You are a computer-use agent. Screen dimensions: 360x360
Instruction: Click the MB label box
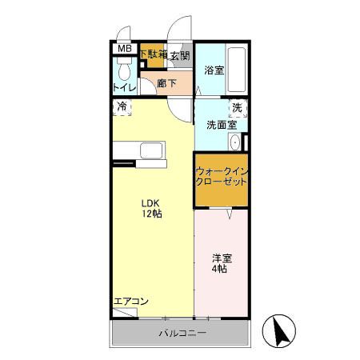click(x=124, y=49)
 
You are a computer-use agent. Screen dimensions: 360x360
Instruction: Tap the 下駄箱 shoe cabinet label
click(x=153, y=54)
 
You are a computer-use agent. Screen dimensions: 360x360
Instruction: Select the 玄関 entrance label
click(x=181, y=55)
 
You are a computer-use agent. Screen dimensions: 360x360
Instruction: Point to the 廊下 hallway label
click(x=166, y=82)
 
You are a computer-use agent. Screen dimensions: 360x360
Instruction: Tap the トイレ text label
click(x=125, y=87)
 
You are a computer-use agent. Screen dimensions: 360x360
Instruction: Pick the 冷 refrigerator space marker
click(x=122, y=106)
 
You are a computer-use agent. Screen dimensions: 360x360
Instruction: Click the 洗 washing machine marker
click(x=236, y=107)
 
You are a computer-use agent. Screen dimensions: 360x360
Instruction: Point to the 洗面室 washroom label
click(x=221, y=125)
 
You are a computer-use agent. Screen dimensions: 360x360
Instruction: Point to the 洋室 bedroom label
click(x=221, y=258)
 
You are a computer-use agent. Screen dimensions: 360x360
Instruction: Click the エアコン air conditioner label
click(x=131, y=301)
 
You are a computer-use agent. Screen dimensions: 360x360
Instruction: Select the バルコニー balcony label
click(x=182, y=332)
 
